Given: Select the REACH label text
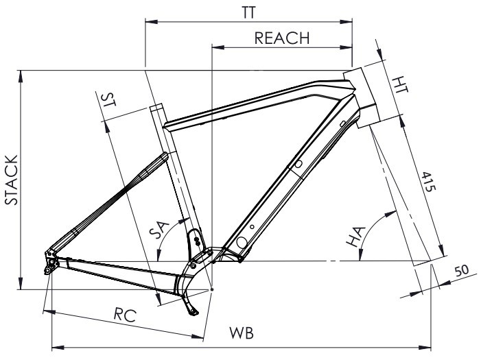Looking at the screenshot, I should click(282, 38).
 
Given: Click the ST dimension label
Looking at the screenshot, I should click(107, 101).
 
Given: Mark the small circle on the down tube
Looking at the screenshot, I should click(298, 165).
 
